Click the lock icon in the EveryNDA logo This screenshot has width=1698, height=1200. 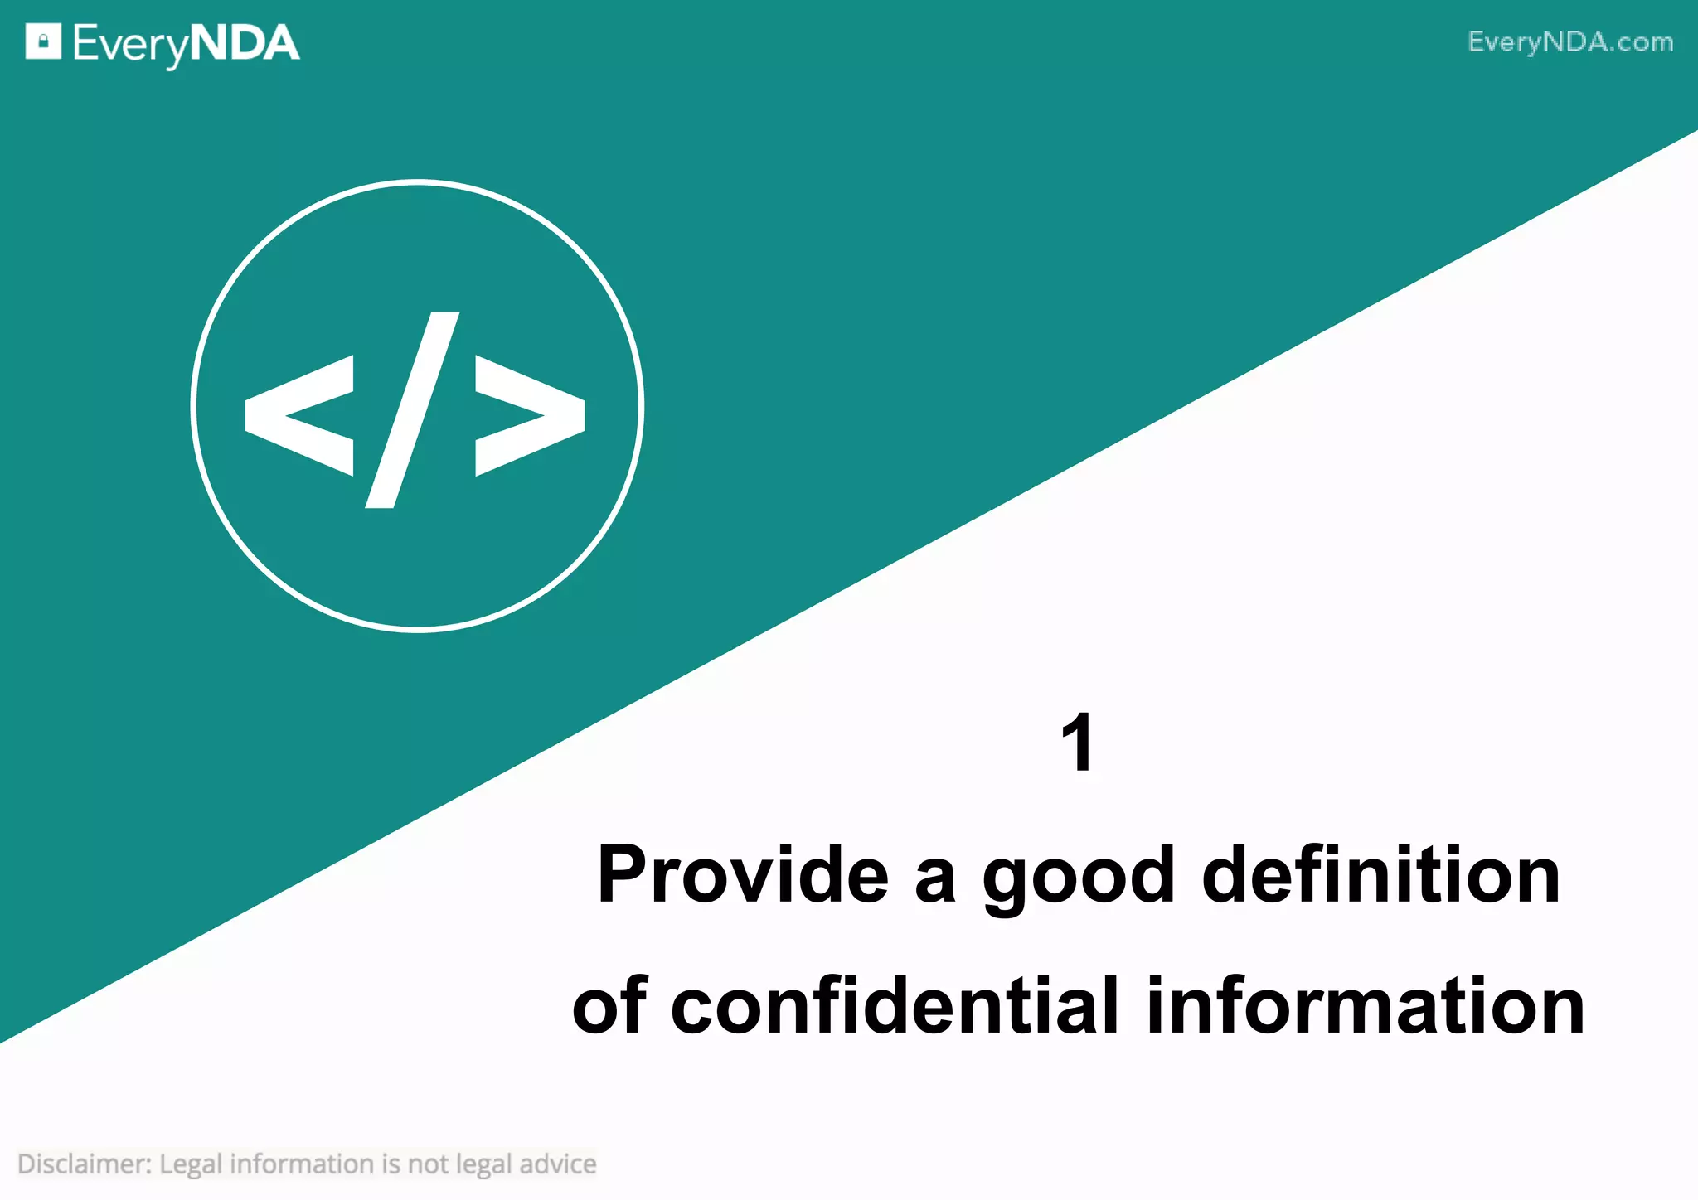[x=43, y=41]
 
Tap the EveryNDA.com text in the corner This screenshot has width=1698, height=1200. [x=1570, y=42]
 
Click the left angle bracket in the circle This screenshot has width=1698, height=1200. [x=299, y=415]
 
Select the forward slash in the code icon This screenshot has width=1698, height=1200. [x=413, y=409]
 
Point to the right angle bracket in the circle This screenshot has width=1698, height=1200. [x=530, y=415]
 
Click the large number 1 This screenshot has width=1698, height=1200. [x=1078, y=743]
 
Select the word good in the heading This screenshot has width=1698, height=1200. [x=1079, y=877]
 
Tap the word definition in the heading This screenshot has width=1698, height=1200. [x=1380, y=875]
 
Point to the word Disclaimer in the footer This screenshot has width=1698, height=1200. [x=84, y=1164]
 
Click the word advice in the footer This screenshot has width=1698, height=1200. [x=558, y=1164]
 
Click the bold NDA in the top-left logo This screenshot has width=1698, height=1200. [x=245, y=43]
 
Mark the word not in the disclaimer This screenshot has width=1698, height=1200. [x=428, y=1164]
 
